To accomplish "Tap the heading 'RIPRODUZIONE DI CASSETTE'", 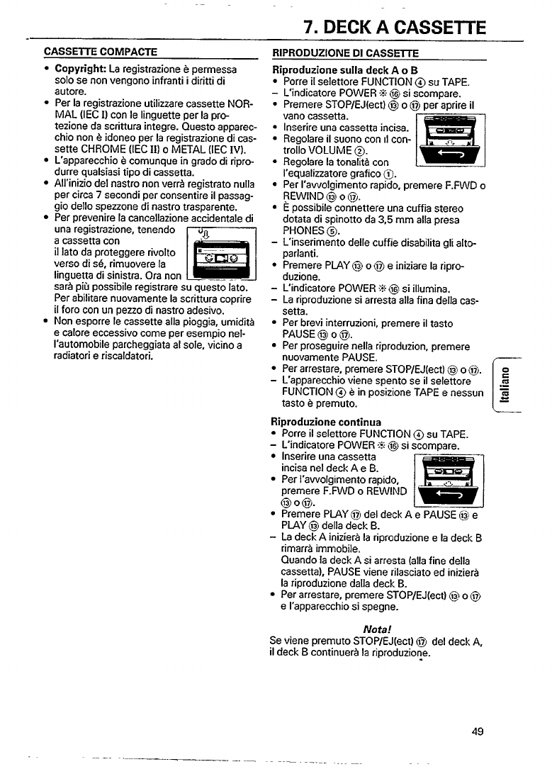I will pos(346,53).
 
